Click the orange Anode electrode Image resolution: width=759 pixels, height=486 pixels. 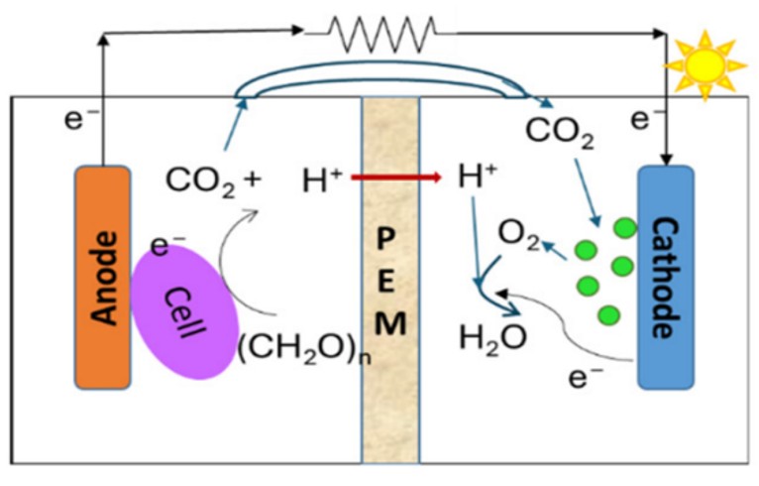tap(103, 278)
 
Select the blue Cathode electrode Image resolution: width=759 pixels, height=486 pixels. tap(666, 278)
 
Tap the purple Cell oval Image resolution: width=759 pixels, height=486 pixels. tap(185, 312)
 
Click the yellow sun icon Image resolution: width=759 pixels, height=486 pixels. tap(705, 64)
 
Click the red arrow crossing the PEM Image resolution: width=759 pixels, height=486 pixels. tap(396, 178)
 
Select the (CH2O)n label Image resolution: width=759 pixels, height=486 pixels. tap(304, 348)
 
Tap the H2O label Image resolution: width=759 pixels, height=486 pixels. tap(492, 337)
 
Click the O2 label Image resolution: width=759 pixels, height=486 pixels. tap(518, 235)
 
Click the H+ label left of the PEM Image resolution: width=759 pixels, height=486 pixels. tap(322, 180)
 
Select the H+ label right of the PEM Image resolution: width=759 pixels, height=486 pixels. tap(478, 177)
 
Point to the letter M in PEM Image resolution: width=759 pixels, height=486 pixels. tap(390, 323)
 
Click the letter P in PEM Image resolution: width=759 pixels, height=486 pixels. tap(385, 239)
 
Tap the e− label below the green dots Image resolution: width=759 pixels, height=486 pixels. tap(586, 377)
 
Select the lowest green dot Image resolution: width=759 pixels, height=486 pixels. tap(609, 315)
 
